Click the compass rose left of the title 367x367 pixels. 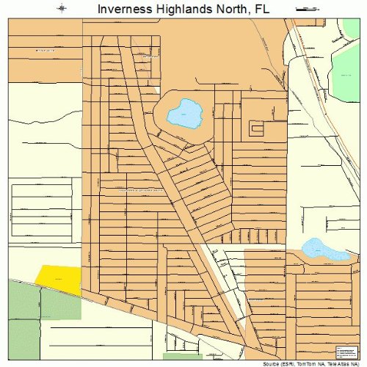(62, 9)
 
